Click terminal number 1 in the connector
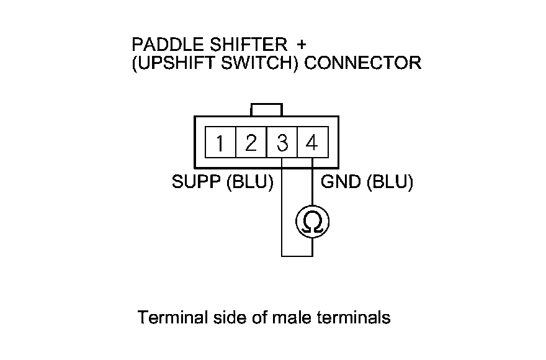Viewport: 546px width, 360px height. point(220,143)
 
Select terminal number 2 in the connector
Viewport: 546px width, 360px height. point(251,143)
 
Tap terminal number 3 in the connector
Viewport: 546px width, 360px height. point(282,143)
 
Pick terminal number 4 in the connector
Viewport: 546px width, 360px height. point(312,143)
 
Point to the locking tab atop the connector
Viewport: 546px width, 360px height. point(267,110)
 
